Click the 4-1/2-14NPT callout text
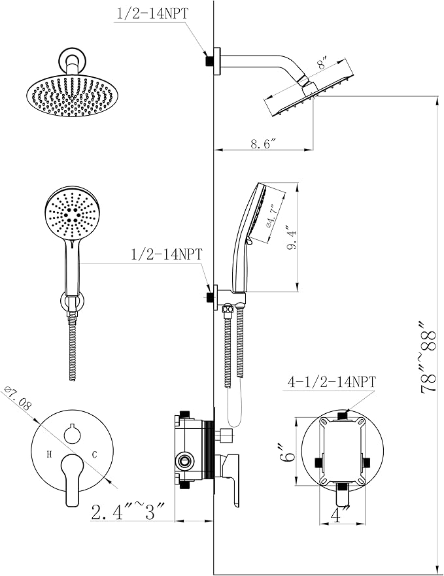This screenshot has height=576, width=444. coord(333,382)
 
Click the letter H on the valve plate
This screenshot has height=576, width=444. coord(49,454)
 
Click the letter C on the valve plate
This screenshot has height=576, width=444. coord(94,454)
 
